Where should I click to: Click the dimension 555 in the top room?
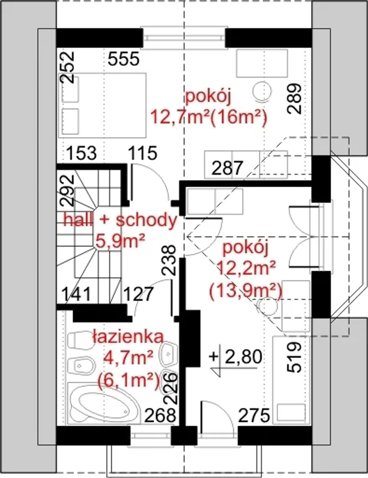(124, 59)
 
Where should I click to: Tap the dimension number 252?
(67, 67)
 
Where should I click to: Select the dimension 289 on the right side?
(294, 99)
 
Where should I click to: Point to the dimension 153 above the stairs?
(81, 153)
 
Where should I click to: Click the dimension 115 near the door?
(142, 153)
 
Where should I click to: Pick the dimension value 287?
(227, 168)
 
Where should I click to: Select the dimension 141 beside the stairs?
(76, 294)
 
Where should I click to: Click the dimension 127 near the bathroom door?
(138, 294)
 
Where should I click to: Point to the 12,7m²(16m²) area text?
(209, 118)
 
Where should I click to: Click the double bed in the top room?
(102, 105)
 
